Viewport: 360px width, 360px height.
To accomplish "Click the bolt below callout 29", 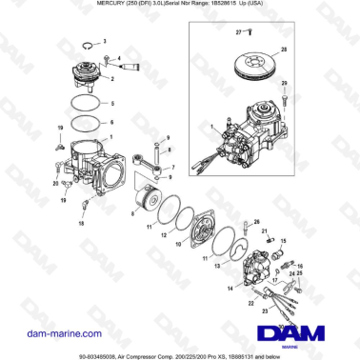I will click(283, 99).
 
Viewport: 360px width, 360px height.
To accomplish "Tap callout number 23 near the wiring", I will click(239, 305).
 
